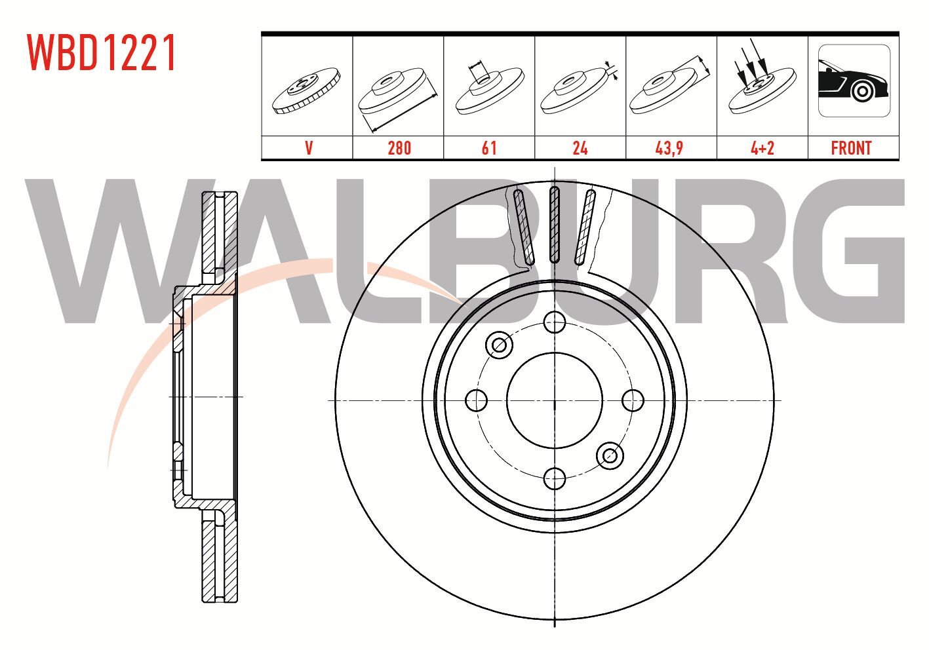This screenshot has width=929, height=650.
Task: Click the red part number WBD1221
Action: click(101, 52)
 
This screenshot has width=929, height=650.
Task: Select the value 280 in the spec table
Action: click(399, 148)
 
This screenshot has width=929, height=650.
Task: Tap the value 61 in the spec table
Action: click(489, 148)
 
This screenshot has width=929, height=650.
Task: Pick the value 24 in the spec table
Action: click(580, 148)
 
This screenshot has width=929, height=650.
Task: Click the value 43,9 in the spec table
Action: click(669, 148)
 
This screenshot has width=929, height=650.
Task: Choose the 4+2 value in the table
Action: click(762, 148)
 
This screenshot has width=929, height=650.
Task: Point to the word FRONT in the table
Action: click(851, 148)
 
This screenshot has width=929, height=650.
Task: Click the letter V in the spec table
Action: click(309, 148)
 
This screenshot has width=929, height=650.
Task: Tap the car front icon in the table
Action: click(854, 81)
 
